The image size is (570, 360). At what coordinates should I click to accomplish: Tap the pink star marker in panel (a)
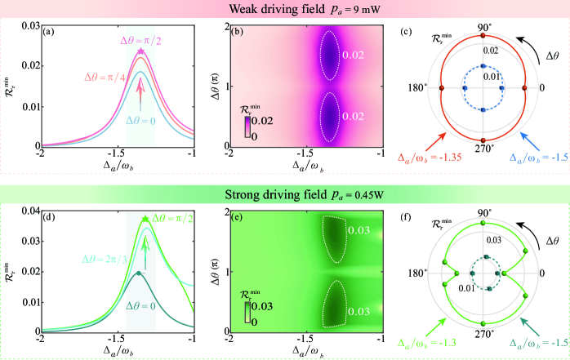click(x=140, y=51)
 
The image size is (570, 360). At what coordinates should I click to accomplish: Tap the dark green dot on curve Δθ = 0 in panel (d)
click(x=139, y=273)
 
